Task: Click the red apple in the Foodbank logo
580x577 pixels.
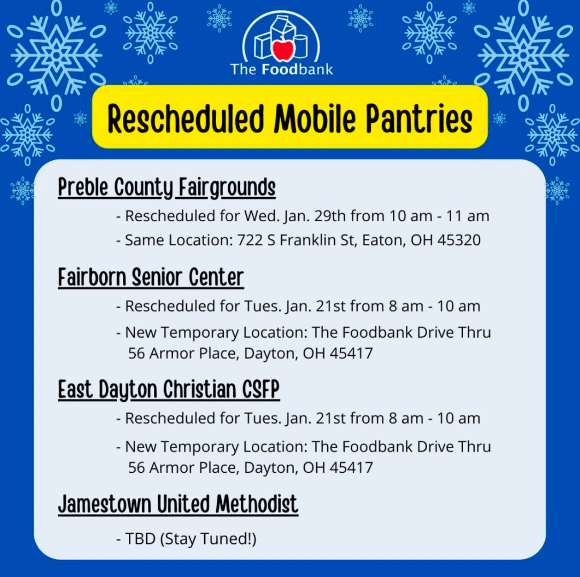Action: click(283, 50)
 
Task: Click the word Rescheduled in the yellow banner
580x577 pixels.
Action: click(185, 119)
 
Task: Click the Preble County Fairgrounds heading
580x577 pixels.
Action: click(167, 188)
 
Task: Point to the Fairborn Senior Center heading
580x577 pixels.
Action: click(151, 278)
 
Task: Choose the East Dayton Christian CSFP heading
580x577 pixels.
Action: click(169, 389)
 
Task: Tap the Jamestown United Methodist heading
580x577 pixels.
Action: click(178, 504)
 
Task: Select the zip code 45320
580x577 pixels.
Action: click(459, 240)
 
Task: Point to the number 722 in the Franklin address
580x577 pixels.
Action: click(250, 240)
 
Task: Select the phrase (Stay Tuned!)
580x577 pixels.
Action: click(208, 539)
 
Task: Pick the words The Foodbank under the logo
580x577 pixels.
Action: click(282, 69)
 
